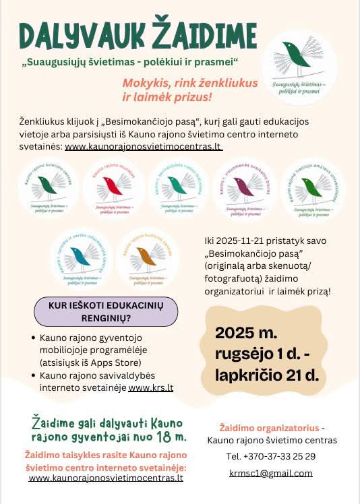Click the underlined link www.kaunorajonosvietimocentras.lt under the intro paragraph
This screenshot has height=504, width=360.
coord(144,146)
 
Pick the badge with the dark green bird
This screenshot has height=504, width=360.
coord(47,190)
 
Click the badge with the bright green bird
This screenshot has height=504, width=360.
coord(311,190)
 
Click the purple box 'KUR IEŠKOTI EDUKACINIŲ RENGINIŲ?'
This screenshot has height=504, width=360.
coord(107,311)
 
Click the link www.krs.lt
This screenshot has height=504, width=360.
coord(151,388)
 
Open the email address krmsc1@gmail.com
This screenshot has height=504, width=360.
coord(271,472)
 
